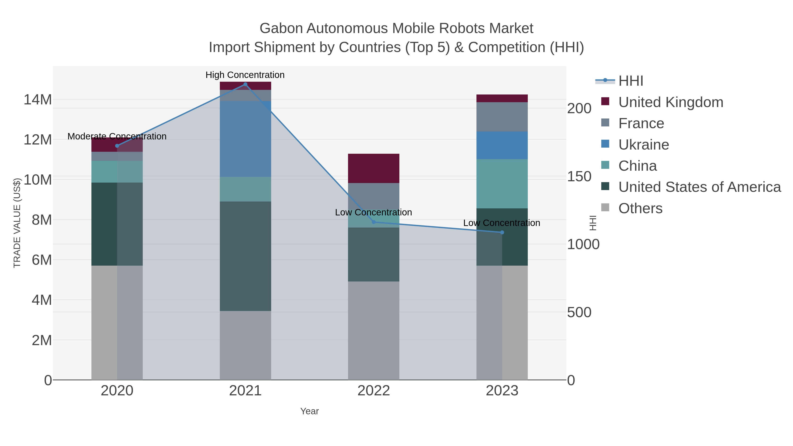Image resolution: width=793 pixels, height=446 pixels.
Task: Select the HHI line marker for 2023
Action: click(x=502, y=232)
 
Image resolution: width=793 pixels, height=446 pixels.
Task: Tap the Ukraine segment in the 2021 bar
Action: click(x=245, y=139)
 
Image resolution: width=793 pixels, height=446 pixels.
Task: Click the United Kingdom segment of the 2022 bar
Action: click(x=373, y=168)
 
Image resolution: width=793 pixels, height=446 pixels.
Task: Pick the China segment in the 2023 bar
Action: click(x=502, y=184)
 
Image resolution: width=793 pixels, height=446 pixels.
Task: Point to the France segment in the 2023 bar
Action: click(x=502, y=117)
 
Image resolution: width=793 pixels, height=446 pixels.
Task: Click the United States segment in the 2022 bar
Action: click(x=373, y=255)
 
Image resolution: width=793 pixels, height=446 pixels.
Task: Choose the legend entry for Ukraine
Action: click(x=643, y=145)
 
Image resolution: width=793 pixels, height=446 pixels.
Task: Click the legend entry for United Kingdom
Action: click(x=671, y=102)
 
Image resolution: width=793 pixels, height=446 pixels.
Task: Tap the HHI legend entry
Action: click(x=630, y=81)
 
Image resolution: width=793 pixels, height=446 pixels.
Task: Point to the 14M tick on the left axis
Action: click(x=37, y=100)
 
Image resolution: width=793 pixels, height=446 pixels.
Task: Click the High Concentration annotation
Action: click(x=245, y=75)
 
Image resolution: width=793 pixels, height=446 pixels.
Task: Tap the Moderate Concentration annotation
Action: click(x=117, y=136)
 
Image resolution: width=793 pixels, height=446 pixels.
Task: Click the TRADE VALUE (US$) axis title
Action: click(x=17, y=223)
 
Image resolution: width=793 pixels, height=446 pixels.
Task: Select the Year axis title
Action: click(x=309, y=411)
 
